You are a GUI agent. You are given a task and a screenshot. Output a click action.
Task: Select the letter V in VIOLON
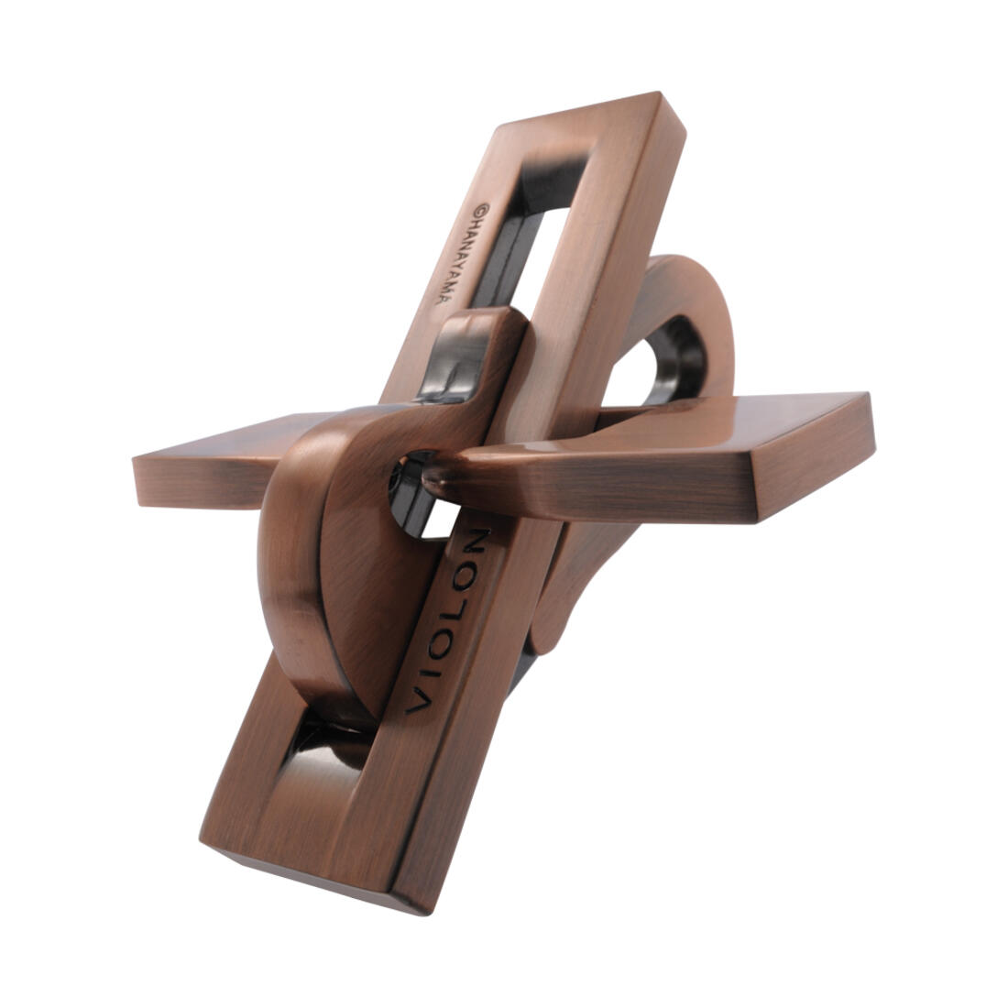[417, 703]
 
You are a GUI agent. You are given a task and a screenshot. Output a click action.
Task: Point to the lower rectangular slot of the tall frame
[325, 747]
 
